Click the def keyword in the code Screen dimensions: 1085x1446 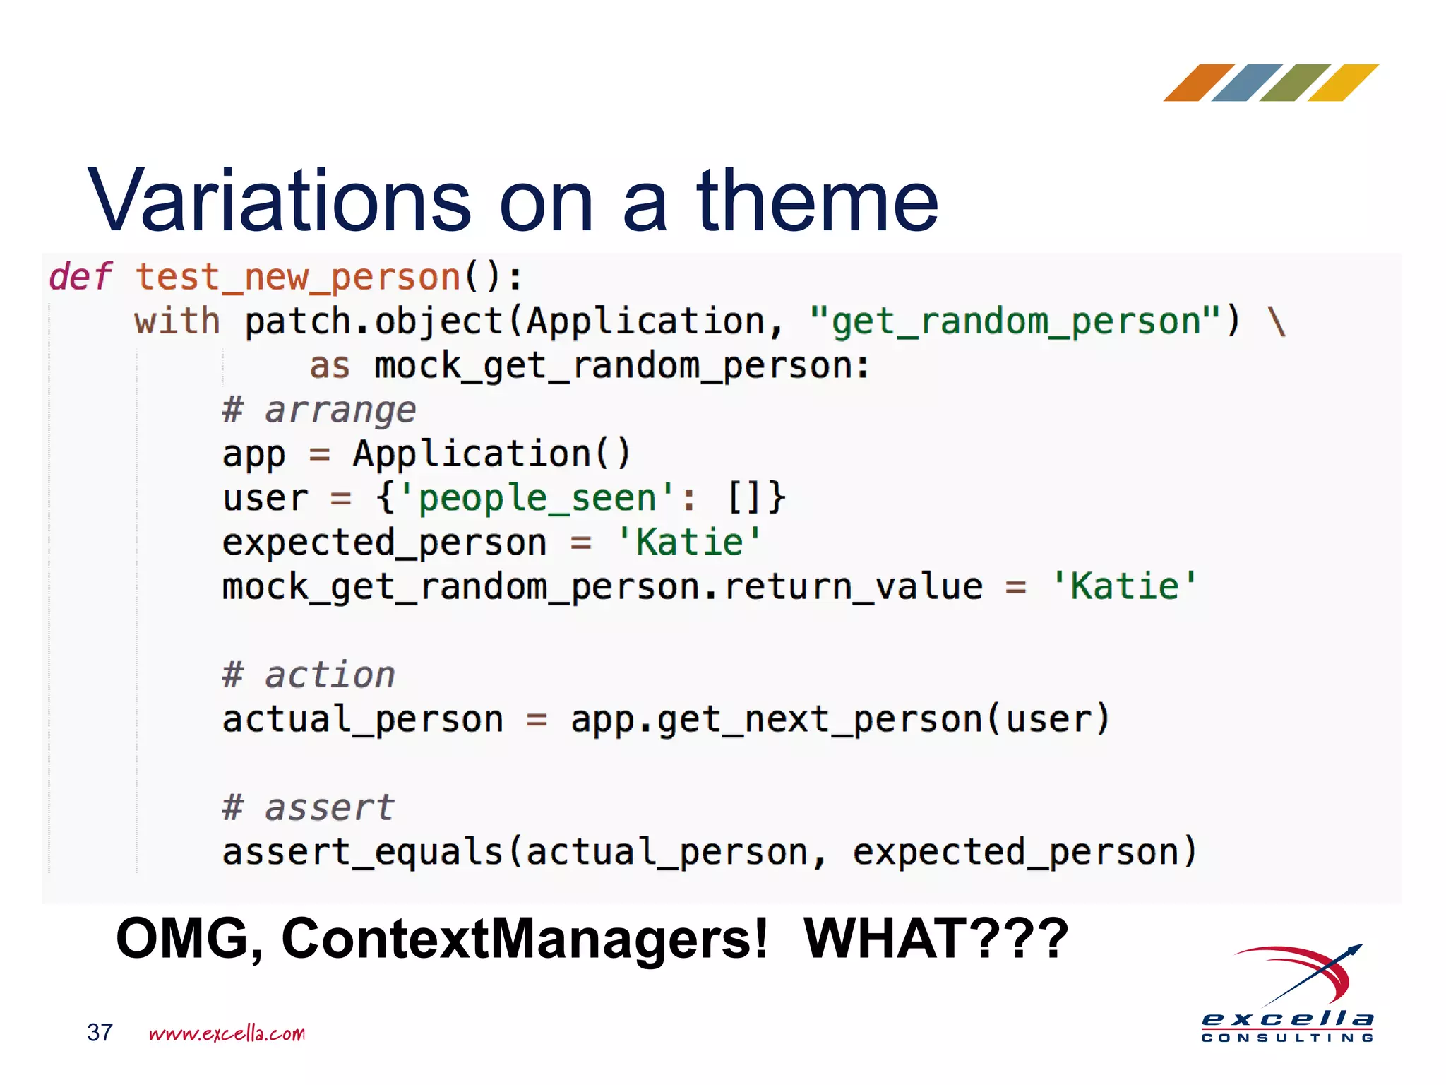(80, 276)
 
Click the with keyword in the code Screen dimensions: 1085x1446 (177, 321)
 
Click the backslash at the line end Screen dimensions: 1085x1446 (1277, 321)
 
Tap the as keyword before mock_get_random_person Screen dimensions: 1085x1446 (330, 366)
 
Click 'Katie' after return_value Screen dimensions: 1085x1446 (1125, 586)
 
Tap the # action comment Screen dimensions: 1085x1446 (309, 675)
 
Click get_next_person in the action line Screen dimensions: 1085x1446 (820, 720)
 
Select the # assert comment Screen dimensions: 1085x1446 (308, 807)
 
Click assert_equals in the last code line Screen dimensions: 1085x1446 (362, 852)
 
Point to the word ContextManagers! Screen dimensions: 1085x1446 (524, 939)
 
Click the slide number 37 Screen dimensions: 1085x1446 (100, 1033)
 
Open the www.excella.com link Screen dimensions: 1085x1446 (227, 1033)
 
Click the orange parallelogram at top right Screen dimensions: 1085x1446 (1198, 83)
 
